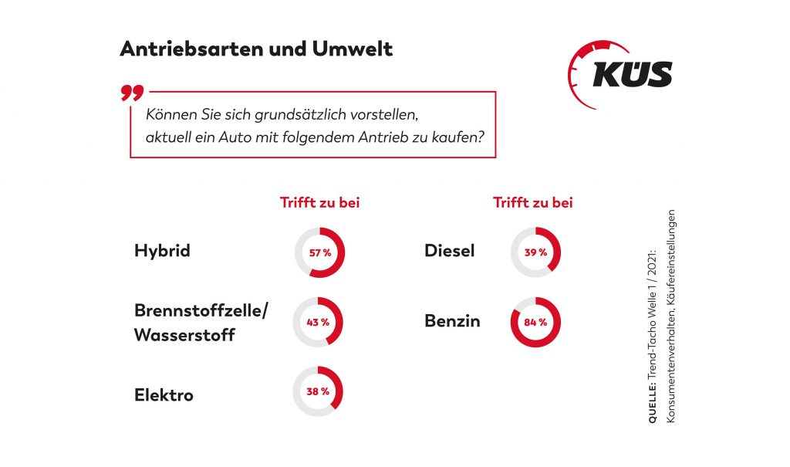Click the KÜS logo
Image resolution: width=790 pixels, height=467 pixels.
[621, 74]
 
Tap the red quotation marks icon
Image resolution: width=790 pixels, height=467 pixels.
[132, 93]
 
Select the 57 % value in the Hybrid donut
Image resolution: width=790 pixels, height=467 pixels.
[319, 252]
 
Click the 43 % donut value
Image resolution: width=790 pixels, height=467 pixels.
[317, 322]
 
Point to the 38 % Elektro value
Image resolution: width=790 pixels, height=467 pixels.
[317, 391]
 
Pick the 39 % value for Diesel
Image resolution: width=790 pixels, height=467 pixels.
[535, 252]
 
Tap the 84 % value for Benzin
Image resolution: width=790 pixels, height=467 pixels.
[535, 322]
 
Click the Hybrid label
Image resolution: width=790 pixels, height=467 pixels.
[162, 251]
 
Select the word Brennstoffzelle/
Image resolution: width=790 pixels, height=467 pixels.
[201, 310]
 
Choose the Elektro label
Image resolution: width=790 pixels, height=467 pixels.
[164, 395]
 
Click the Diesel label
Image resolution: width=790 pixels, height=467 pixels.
[450, 251]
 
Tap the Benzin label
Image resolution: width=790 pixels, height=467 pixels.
[452, 321]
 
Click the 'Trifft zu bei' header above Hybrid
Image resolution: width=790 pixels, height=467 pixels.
[319, 203]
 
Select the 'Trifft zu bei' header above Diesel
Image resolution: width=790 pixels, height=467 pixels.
[533, 203]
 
